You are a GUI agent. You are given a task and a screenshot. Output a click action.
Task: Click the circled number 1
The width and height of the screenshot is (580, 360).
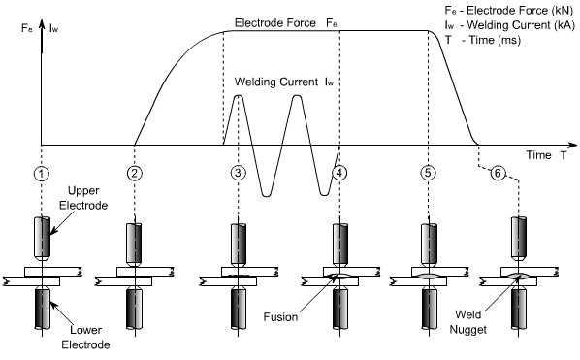click(x=42, y=173)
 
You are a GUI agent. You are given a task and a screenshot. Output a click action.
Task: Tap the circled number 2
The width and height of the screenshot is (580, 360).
click(x=134, y=173)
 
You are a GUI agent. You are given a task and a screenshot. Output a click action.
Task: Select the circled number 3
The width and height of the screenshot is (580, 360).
click(x=238, y=173)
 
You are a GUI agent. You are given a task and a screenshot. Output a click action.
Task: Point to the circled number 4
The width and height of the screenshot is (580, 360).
click(x=339, y=173)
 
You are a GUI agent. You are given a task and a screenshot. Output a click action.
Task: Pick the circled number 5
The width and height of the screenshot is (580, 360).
click(x=428, y=173)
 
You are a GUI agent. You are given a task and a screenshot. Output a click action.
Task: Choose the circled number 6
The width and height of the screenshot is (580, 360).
click(x=498, y=173)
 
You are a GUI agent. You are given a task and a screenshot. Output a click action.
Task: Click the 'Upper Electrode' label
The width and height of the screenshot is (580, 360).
click(x=83, y=198)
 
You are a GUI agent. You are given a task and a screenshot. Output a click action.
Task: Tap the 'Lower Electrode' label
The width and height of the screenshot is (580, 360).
click(x=85, y=338)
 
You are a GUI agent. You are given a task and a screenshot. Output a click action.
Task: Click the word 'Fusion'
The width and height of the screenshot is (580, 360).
click(x=280, y=317)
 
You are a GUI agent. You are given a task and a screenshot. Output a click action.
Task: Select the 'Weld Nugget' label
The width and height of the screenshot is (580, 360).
click(x=467, y=322)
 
